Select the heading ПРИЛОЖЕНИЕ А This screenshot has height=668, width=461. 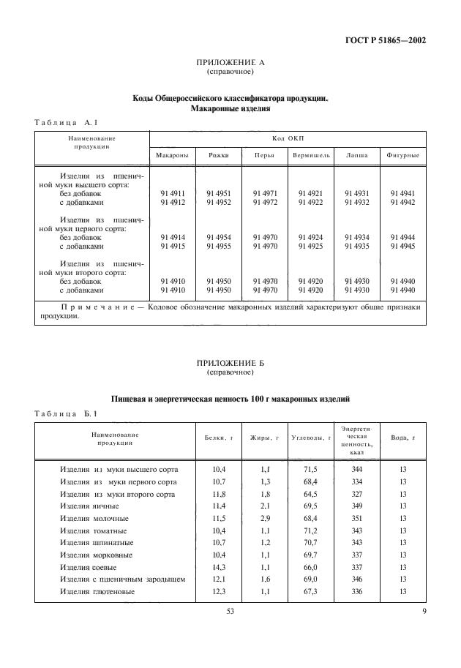pyautogui.click(x=230, y=63)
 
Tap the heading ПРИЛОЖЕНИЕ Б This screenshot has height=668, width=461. pyautogui.click(x=230, y=363)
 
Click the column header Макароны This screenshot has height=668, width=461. pyautogui.click(x=173, y=155)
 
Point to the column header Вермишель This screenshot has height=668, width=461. pyautogui.click(x=311, y=155)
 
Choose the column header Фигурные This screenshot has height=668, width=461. pyautogui.click(x=402, y=155)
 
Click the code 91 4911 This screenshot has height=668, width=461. pyautogui.click(x=172, y=193)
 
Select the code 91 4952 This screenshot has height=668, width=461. pyautogui.click(x=218, y=202)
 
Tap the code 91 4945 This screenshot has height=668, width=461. pyautogui.click(x=402, y=247)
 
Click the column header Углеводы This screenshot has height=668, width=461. pyautogui.click(x=311, y=438)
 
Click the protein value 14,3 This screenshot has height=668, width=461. pyautogui.click(x=219, y=567)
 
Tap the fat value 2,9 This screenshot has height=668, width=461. pyautogui.click(x=266, y=518)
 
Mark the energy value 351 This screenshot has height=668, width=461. pyautogui.click(x=356, y=518)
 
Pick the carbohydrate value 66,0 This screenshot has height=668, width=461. pyautogui.click(x=310, y=567)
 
